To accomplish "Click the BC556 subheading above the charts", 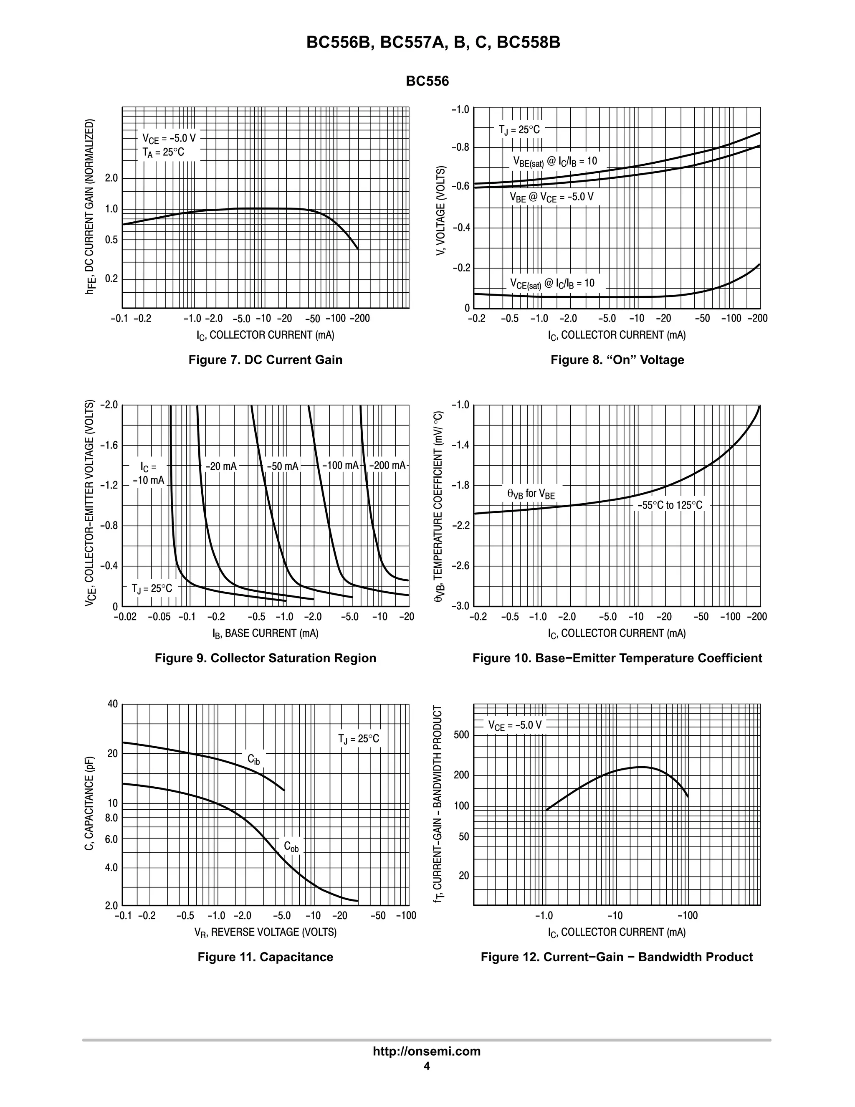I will tap(427, 81).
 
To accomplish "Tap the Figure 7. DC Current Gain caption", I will tap(265, 360).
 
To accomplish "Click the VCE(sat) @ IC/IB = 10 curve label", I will tap(552, 284).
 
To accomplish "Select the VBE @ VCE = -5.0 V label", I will tap(551, 197).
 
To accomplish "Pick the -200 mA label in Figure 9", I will tap(387, 465).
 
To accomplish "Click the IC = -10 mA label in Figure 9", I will tap(149, 473).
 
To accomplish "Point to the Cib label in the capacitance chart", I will tap(253, 759).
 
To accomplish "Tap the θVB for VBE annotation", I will tap(531, 493).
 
